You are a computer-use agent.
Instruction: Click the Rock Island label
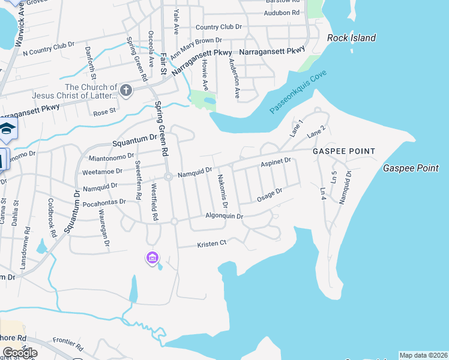(351, 38)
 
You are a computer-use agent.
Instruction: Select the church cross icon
(125, 91)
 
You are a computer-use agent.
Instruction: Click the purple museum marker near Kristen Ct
(152, 258)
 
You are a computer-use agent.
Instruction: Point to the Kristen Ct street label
(212, 244)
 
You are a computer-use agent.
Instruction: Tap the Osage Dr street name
(270, 195)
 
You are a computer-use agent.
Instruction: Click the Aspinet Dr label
(276, 161)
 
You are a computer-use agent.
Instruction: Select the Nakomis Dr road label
(223, 191)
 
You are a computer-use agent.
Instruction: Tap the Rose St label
(104, 112)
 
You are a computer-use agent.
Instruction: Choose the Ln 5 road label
(334, 178)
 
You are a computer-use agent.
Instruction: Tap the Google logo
(20, 352)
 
